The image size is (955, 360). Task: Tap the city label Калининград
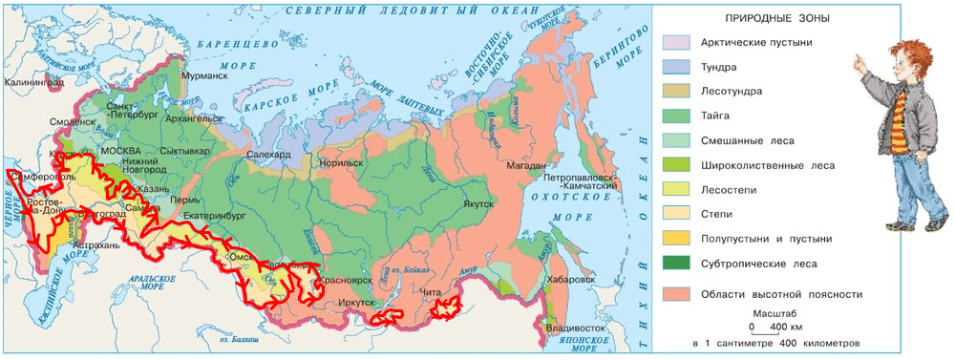point(32,82)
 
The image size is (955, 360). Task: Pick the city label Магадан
point(524,166)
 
